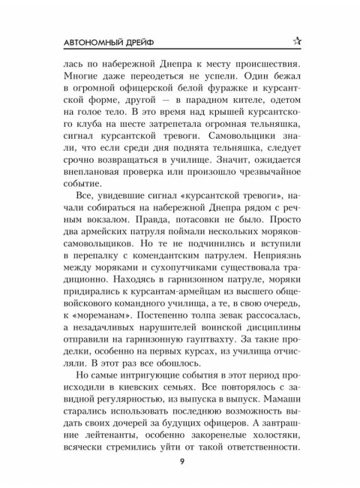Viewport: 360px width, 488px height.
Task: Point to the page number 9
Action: (181, 459)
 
